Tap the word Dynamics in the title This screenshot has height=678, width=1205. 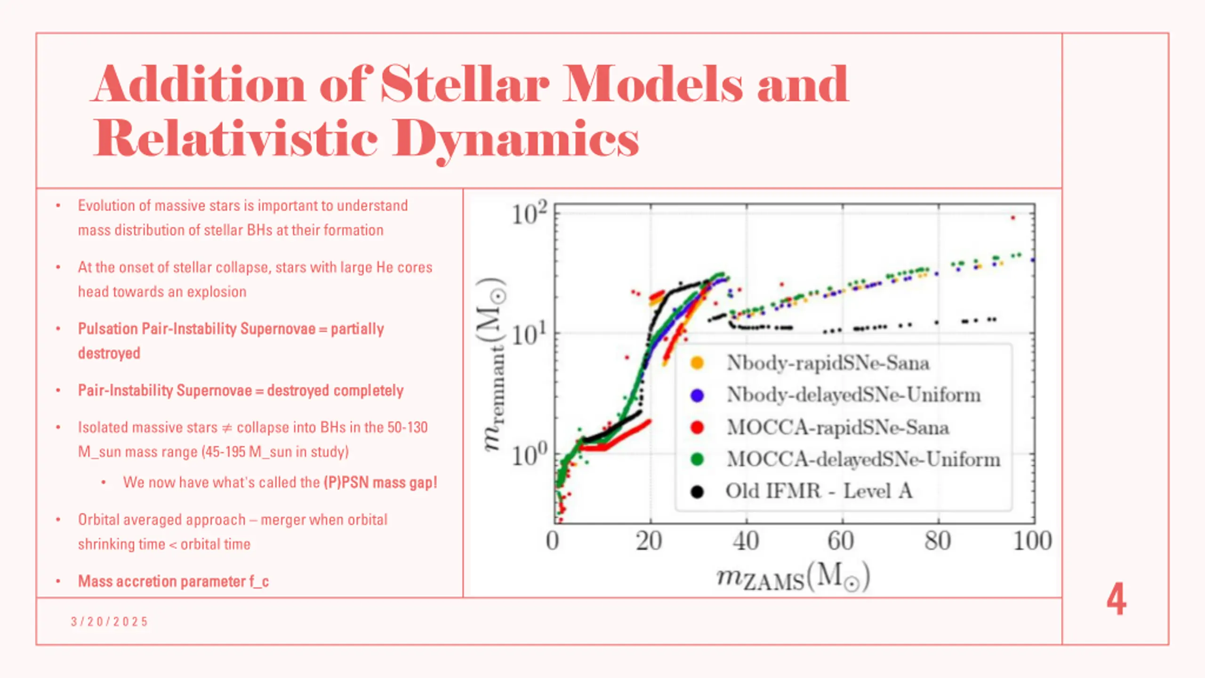point(516,138)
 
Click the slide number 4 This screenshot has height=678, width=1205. point(1116,599)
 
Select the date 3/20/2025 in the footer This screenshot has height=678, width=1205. point(109,621)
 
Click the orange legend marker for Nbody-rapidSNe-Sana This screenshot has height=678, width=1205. point(697,363)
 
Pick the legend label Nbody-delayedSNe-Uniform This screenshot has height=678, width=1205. point(853,395)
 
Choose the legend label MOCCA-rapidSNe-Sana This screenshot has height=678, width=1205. point(837,428)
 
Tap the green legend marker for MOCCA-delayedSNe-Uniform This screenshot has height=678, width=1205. point(697,460)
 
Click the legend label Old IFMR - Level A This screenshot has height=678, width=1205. point(819,491)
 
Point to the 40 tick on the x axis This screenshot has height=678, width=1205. point(746,541)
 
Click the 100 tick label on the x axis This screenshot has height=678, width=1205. point(1032,541)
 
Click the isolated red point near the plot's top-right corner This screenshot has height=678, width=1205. point(1013,218)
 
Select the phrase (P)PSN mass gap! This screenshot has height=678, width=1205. point(380,483)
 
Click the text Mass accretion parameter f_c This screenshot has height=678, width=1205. point(173,581)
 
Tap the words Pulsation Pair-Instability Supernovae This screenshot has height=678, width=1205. point(196,329)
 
